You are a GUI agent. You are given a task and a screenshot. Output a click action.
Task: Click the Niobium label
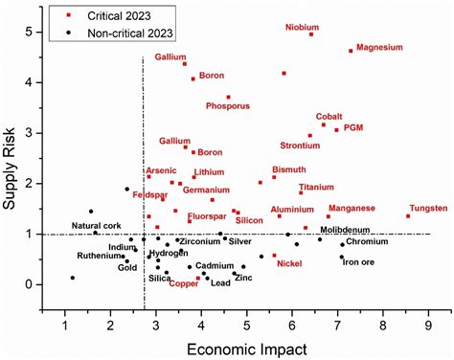tap(302, 27)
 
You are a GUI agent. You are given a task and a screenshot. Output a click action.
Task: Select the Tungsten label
tap(427, 208)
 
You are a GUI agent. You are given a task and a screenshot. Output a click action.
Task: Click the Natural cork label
tap(97, 226)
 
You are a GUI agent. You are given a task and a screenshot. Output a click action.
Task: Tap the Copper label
tap(183, 283)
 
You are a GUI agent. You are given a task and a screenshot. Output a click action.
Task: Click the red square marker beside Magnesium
tap(351, 51)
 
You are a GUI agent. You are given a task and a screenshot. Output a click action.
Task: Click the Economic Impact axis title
tap(245, 342)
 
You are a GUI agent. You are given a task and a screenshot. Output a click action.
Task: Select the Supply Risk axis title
tap(11, 159)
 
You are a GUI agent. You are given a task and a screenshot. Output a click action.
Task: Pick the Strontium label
tap(300, 146)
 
